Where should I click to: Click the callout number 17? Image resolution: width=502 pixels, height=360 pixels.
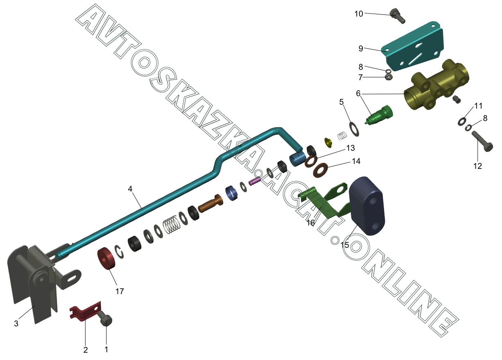[x=119, y=291]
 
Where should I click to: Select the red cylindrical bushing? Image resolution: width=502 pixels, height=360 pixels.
[x=107, y=258]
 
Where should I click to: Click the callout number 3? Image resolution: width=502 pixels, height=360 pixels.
[x=16, y=324]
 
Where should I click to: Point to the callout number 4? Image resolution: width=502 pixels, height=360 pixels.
[x=130, y=189]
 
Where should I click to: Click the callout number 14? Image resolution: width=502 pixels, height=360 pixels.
[x=356, y=162]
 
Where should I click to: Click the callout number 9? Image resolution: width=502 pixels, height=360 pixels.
[x=361, y=48]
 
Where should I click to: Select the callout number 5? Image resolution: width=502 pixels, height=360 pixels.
[x=341, y=101]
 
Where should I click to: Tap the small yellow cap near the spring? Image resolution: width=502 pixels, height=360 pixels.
[x=328, y=142]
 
